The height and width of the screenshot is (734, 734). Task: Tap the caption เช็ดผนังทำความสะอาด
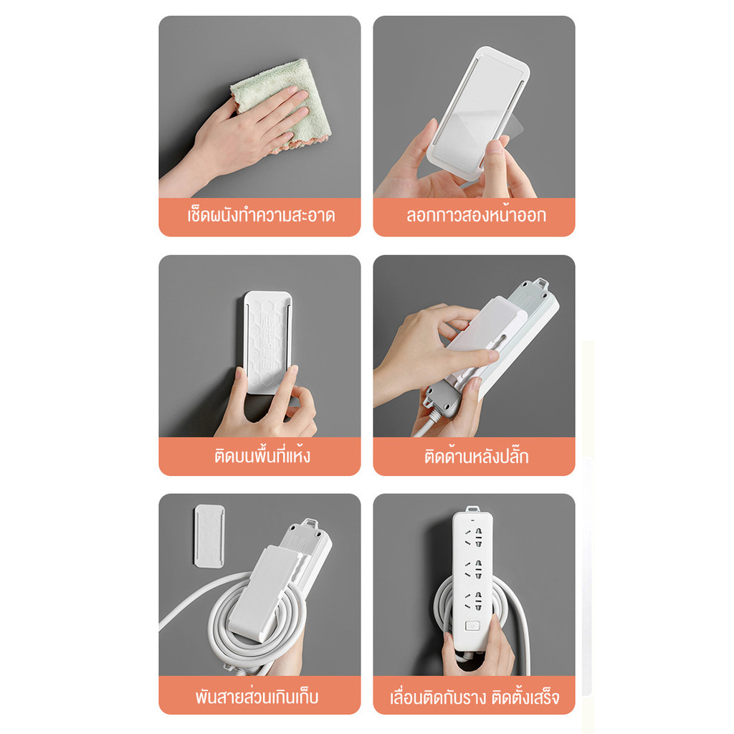[x=261, y=216]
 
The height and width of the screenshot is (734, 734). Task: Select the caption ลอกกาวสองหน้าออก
[x=476, y=215]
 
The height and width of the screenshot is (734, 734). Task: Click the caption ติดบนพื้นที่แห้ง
[x=262, y=455]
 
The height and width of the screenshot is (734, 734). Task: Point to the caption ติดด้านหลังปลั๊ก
[x=476, y=456]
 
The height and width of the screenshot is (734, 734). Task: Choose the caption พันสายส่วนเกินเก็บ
[x=257, y=697]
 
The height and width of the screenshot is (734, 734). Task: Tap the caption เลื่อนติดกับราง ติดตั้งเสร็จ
[x=475, y=697]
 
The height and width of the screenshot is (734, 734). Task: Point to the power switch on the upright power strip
[x=472, y=625]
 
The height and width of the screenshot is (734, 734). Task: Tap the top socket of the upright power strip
[x=473, y=537]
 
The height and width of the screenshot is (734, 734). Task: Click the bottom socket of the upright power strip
[x=473, y=601]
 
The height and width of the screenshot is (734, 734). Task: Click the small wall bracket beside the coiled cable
[x=209, y=536]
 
